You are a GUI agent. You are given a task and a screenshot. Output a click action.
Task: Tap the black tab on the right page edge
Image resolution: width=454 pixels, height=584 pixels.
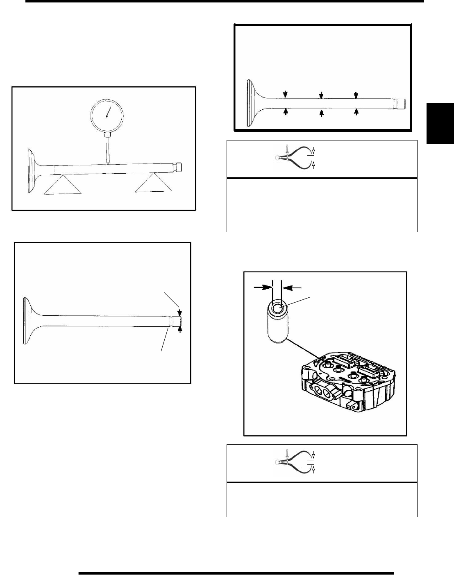click(x=440, y=123)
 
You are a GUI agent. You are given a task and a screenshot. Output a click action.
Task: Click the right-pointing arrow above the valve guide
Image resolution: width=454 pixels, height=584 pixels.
click(x=262, y=288)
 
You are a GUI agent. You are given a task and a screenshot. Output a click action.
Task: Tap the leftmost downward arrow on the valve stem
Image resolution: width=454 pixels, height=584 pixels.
click(x=286, y=95)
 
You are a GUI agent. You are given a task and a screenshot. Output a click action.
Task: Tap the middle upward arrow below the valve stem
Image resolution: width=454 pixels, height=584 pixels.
click(x=321, y=112)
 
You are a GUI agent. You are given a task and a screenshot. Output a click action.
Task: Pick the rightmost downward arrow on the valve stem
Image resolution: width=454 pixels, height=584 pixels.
click(x=356, y=95)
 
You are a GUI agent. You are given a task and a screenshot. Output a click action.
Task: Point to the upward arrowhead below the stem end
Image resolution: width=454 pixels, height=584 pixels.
click(x=179, y=329)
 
